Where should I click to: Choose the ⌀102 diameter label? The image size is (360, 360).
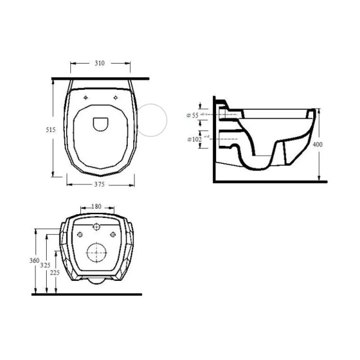pos(194,139)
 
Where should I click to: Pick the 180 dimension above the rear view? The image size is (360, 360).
pos(97,207)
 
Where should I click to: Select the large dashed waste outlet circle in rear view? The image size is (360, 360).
pos(97,253)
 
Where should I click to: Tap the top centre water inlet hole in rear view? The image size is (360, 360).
pos(97,227)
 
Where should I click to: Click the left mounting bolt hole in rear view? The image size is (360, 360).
pos(82,234)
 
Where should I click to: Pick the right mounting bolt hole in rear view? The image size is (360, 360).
pos(112,234)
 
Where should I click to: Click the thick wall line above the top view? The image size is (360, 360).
pos(101,78)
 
